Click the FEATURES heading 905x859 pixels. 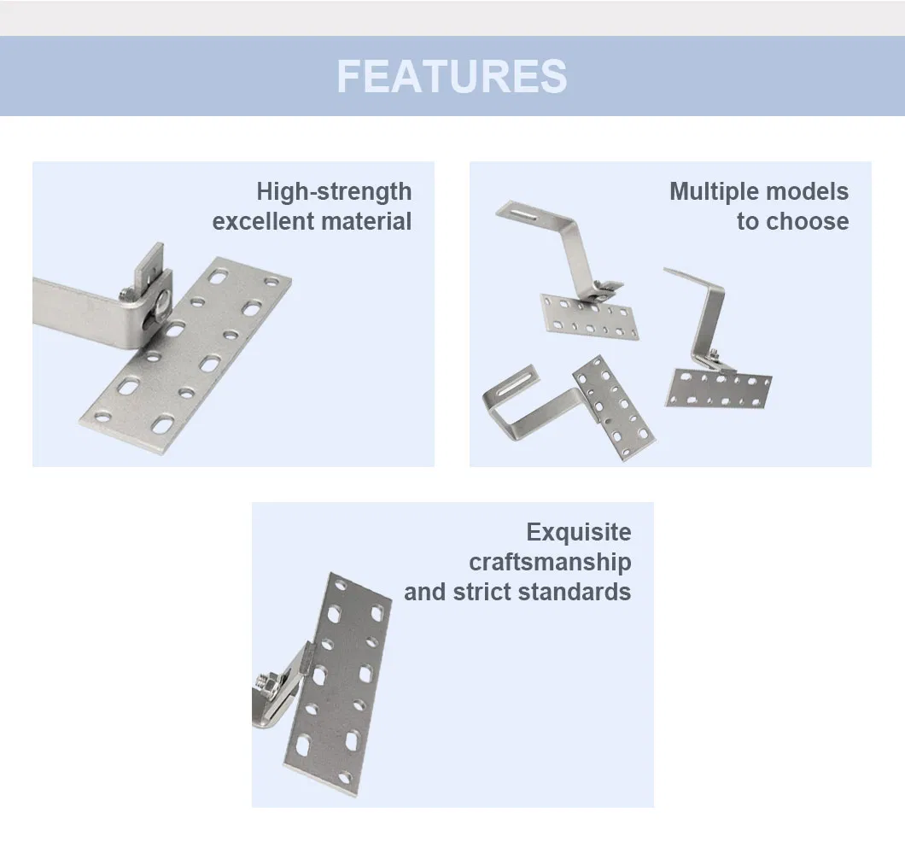click(x=452, y=76)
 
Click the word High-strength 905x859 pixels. click(x=334, y=191)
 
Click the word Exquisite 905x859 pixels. click(x=578, y=532)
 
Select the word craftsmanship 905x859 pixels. click(x=550, y=562)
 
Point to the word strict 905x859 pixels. click(x=484, y=592)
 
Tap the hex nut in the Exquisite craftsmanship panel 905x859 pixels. click(x=264, y=683)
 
